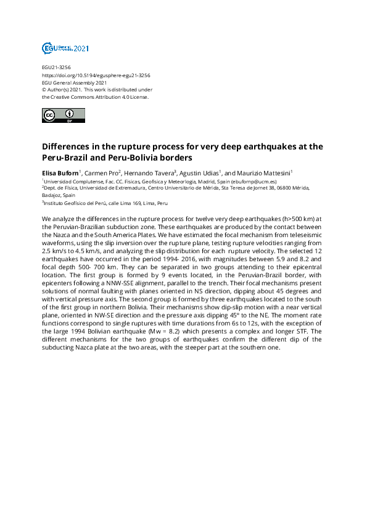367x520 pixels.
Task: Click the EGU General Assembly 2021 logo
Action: [x=65, y=48]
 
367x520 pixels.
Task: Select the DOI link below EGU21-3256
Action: [x=96, y=75]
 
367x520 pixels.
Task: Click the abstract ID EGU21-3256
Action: [x=56, y=68]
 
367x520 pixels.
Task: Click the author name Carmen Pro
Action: [x=98, y=173]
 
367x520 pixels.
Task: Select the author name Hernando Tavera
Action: [x=149, y=173]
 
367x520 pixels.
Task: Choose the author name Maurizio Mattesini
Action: [x=263, y=173]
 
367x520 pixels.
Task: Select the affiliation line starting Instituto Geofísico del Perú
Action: [x=105, y=203]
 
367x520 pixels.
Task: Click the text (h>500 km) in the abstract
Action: [x=287, y=220]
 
